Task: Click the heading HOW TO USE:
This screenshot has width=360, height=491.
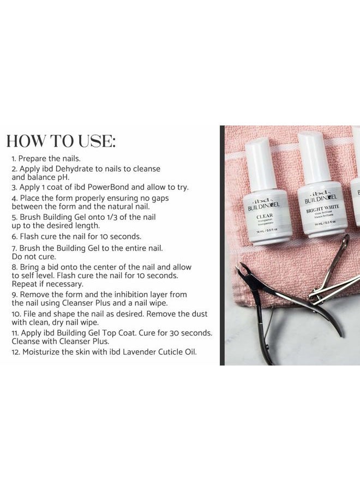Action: click(x=61, y=141)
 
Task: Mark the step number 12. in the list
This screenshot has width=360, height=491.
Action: click(x=16, y=352)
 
